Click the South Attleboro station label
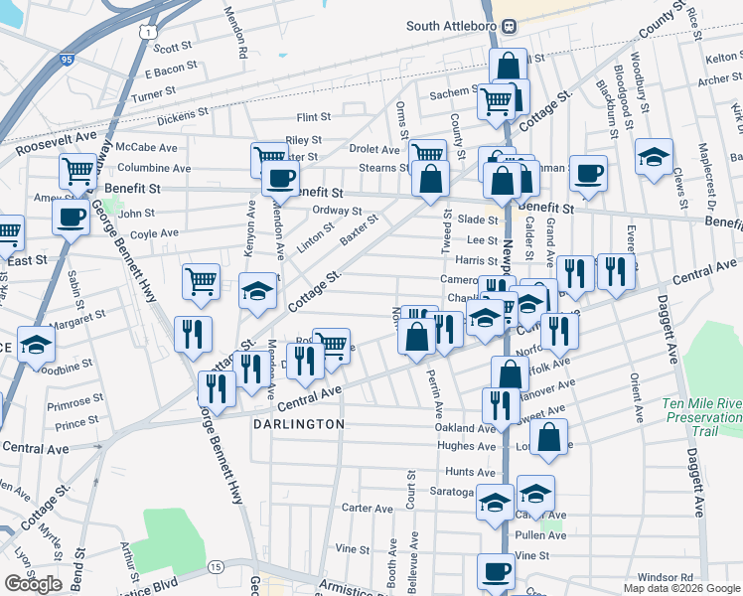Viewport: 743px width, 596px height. tap(452, 26)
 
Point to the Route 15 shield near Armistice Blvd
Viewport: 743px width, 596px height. tap(216, 566)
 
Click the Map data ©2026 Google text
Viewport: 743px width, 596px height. tap(680, 588)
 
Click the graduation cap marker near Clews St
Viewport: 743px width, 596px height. tap(654, 157)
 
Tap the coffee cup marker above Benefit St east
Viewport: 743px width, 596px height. tap(588, 171)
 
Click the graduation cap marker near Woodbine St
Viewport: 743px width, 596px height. tap(36, 346)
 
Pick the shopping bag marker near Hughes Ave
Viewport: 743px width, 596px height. tap(548, 437)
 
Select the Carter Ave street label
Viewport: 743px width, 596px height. tap(369, 508)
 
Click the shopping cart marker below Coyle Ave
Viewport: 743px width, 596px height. tap(201, 281)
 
